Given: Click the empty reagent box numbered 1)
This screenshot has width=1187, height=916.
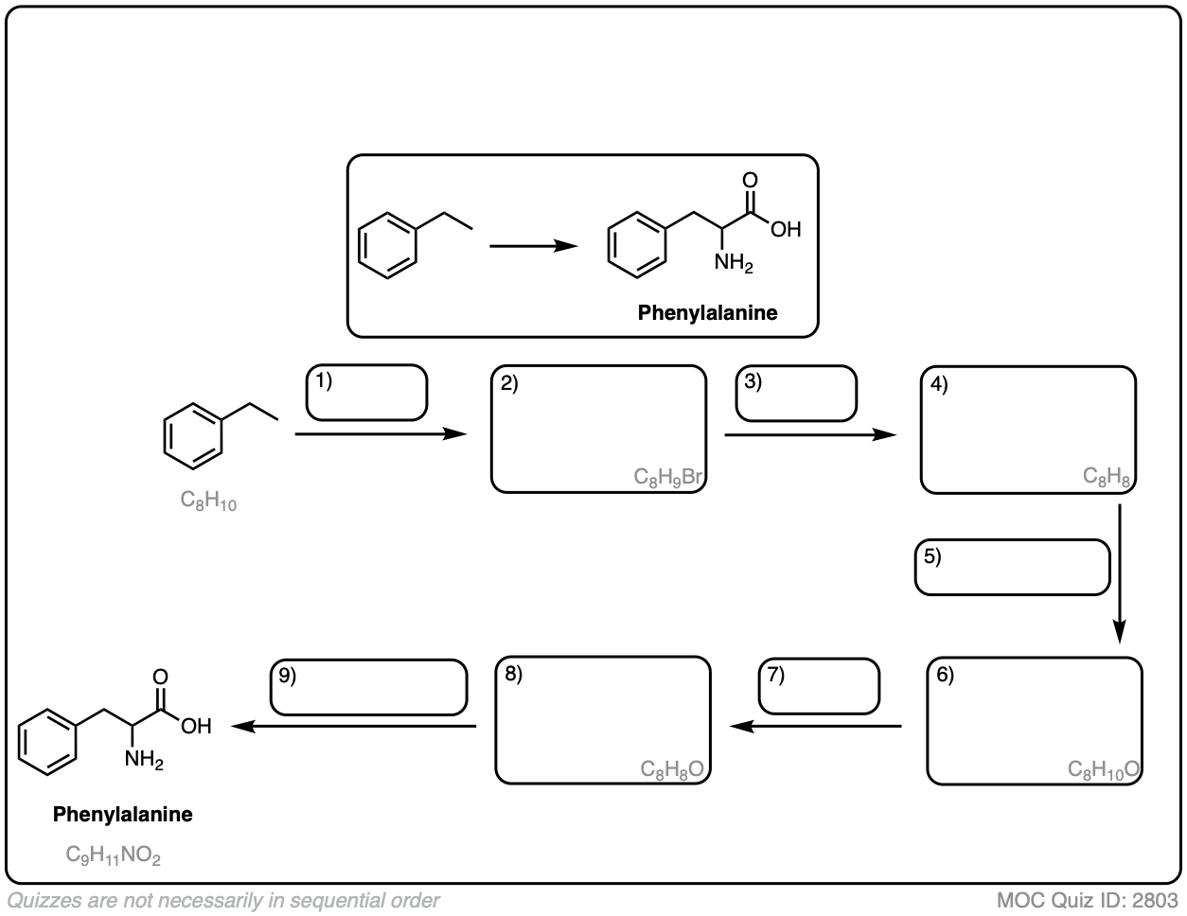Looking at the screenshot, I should [x=367, y=394].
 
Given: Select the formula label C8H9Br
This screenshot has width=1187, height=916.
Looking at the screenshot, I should [x=669, y=477].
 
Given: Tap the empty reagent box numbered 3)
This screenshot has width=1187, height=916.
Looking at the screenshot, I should [x=797, y=394].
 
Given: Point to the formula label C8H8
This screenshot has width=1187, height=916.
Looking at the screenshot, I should [x=1107, y=477].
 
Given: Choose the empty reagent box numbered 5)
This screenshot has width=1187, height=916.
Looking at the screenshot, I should [x=1012, y=567].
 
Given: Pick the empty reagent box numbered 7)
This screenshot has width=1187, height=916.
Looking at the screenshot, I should [x=820, y=686].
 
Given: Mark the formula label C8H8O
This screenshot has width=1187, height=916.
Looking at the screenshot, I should [x=671, y=768].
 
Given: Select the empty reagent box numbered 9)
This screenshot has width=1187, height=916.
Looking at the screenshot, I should [x=369, y=687].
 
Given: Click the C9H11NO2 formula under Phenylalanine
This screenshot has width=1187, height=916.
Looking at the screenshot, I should [x=114, y=855].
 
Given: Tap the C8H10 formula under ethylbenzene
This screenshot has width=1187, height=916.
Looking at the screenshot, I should [x=208, y=501].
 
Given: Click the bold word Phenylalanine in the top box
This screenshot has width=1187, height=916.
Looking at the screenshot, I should [x=707, y=312].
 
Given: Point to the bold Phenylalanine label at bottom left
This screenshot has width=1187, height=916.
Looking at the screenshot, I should [x=123, y=814].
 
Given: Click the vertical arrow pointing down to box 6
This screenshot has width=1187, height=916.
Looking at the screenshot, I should [x=1120, y=572].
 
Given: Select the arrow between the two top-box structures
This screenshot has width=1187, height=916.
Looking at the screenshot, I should [x=533, y=246].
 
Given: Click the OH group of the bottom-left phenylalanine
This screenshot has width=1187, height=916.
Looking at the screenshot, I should [x=196, y=727].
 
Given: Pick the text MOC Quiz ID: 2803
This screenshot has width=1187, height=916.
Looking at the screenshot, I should [x=1087, y=899].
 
